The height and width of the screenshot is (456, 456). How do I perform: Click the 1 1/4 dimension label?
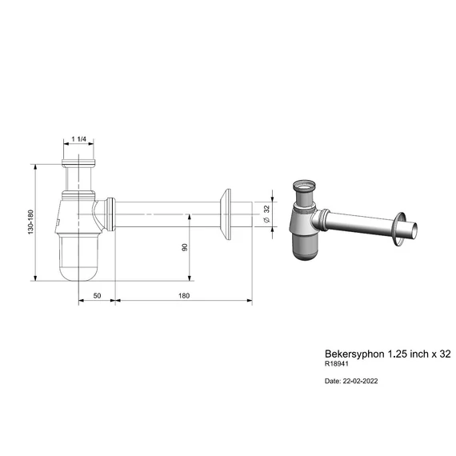79,139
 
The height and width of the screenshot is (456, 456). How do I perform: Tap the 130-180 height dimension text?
31,222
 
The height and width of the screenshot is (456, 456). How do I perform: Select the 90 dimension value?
185,247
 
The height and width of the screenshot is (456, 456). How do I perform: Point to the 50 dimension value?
97,295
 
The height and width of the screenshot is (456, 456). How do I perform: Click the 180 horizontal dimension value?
184,295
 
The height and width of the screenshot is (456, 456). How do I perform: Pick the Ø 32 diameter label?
267,214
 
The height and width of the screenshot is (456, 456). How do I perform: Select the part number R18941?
337,363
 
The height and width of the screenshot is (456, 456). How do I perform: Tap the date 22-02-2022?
360,381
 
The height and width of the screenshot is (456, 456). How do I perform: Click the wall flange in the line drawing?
226,214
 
